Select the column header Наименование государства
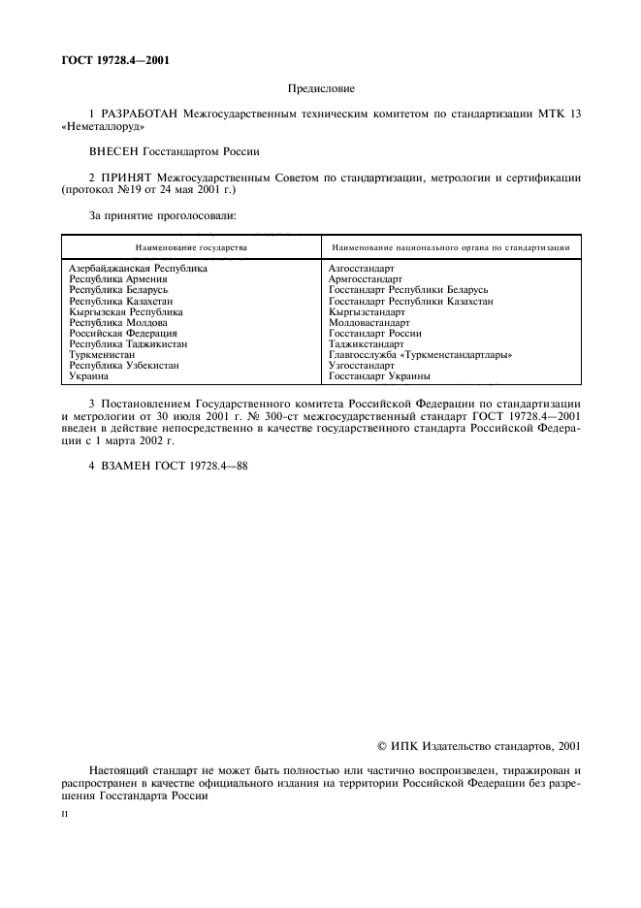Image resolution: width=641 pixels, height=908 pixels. click(191, 247)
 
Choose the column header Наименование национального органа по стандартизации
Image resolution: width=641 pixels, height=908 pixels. click(449, 247)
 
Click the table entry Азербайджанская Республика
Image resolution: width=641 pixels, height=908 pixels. click(138, 268)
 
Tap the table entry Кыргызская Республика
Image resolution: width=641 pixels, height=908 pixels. click(126, 311)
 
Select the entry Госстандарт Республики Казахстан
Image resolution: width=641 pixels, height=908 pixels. click(411, 301)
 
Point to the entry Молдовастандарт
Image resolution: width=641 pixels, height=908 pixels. click(369, 322)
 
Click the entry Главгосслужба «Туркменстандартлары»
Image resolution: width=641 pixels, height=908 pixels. click(420, 354)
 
